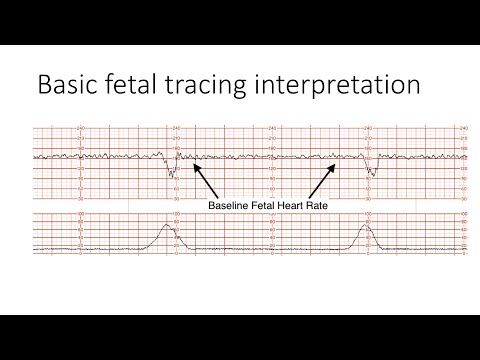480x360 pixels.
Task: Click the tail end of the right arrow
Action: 310,197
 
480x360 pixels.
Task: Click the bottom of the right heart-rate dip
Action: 371,174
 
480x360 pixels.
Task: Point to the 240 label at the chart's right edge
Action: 464,128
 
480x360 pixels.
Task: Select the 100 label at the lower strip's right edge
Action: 464,215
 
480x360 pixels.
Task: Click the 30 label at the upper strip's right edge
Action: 464,199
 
